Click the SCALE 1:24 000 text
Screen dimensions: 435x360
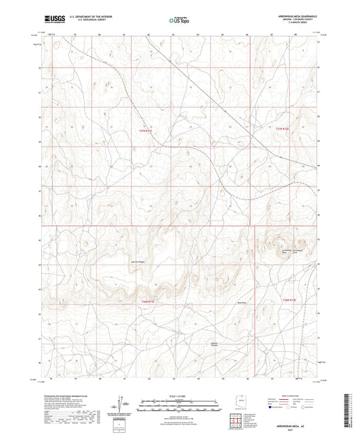(179, 396)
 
